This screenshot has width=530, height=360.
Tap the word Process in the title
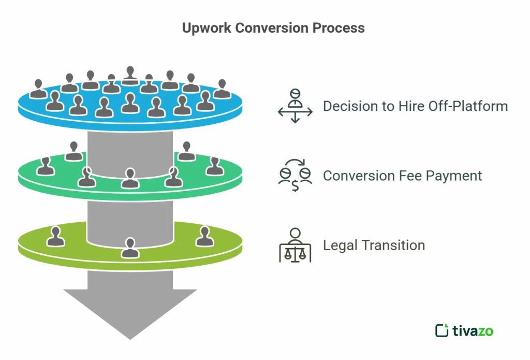339,28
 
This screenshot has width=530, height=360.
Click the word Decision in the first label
348,106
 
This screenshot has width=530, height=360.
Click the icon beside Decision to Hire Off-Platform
295,106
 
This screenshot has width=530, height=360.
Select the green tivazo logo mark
441,330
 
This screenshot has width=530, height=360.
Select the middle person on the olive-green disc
129,247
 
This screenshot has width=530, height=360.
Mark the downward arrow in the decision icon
295,119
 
